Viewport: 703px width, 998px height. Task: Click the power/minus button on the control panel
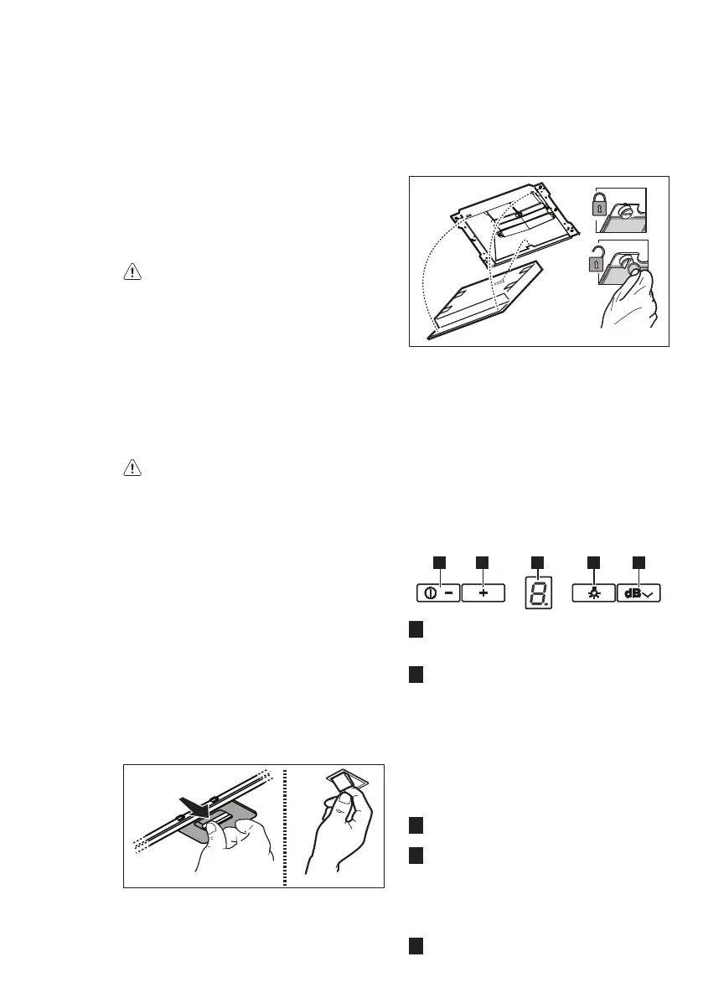437,592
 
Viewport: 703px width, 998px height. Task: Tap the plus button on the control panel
483,592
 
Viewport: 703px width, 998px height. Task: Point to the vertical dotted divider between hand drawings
286,825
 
